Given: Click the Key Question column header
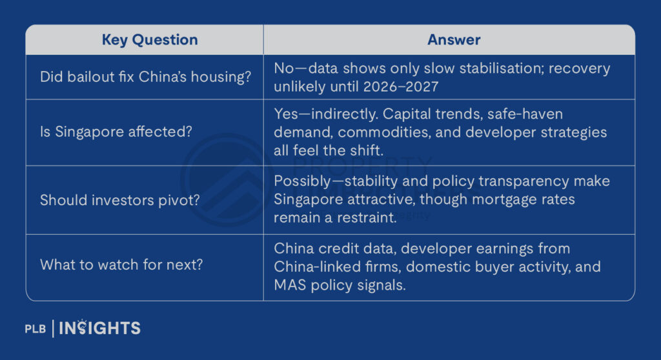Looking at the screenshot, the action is pos(150,39).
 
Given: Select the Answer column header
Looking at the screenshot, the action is pos(454,39).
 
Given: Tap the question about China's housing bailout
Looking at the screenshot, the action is pos(145,77).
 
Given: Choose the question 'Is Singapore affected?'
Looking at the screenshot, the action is pos(116,132).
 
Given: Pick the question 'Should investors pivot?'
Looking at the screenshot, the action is pos(119,200).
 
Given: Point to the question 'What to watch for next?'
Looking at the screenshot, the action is pos(121,265).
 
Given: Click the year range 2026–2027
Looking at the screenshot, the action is pos(401,87).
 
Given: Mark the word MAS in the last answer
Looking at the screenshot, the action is pos(290,285).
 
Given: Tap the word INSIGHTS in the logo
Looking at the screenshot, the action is pos(99,328).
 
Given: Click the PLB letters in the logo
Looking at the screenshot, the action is pos(36,329).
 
